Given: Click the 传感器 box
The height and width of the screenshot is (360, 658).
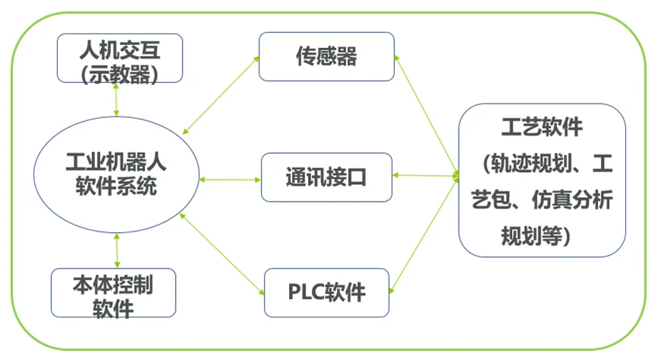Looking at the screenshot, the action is point(326,57).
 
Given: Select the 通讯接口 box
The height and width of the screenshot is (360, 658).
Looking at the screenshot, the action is point(326,177).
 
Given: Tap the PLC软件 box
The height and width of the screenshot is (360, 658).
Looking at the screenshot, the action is point(326,293).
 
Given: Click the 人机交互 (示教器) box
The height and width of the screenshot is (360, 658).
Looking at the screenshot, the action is point(119,58).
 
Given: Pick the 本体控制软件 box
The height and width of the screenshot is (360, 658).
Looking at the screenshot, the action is point(113,293).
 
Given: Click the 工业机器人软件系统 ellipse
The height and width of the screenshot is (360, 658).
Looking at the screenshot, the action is point(116,175).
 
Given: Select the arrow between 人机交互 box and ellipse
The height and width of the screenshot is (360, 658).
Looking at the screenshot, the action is point(116,100).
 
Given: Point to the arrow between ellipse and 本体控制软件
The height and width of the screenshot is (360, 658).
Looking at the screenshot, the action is point(116,250).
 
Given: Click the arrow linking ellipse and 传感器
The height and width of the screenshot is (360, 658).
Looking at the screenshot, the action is point(221,95).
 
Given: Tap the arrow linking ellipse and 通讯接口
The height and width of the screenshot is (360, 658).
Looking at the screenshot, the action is point(230,180).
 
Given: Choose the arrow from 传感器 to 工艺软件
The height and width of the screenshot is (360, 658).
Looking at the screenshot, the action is point(426,116).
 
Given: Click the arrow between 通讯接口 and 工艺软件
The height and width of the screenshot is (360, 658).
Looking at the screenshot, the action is point(425,176).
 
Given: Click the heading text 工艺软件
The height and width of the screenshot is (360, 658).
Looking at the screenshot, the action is point(542,127).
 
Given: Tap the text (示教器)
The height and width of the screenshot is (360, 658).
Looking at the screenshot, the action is point(119,75).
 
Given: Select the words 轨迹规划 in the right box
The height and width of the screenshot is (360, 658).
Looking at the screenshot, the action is point(532,164).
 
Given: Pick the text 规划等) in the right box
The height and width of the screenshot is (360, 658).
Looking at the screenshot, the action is point(536,236).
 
